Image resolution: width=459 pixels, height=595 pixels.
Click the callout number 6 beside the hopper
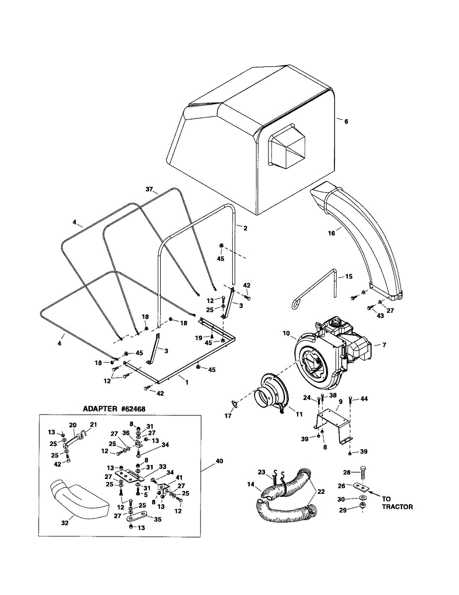pos(346,121)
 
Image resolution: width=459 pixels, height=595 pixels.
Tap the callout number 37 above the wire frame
pos(149,189)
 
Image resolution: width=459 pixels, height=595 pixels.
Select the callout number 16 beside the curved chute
pos(331,234)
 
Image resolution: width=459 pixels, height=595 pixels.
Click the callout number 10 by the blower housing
pos(286,334)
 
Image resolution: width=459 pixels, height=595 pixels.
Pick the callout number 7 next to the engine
pos(384,345)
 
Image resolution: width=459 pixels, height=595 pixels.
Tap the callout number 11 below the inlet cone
pos(299,415)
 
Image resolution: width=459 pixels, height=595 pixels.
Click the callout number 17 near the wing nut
pos(228,416)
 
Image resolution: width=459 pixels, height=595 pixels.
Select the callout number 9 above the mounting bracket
pos(340,402)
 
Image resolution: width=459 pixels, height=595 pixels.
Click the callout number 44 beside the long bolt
pos(364,399)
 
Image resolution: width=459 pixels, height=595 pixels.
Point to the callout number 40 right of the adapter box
pos(219,461)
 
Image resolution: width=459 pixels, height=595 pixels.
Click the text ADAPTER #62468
pos(114,409)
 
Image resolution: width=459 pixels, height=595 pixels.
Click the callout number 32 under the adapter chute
pos(65,523)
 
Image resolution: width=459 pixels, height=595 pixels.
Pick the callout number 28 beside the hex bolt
pos(347,473)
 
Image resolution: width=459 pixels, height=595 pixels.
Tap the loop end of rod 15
pos(296,305)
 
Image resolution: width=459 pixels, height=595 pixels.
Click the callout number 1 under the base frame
pos(187,382)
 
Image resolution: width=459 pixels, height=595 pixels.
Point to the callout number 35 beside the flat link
pos(158,520)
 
